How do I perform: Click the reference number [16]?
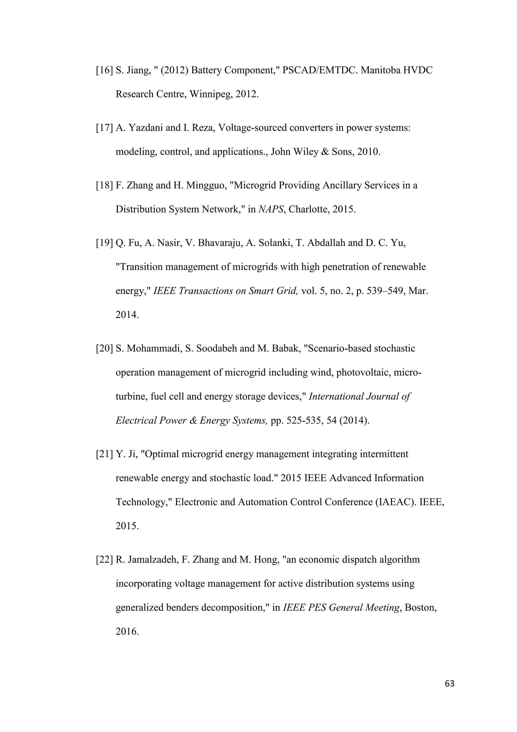click(105, 70)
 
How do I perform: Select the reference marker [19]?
click(105, 243)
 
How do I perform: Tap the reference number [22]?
click(105, 560)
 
